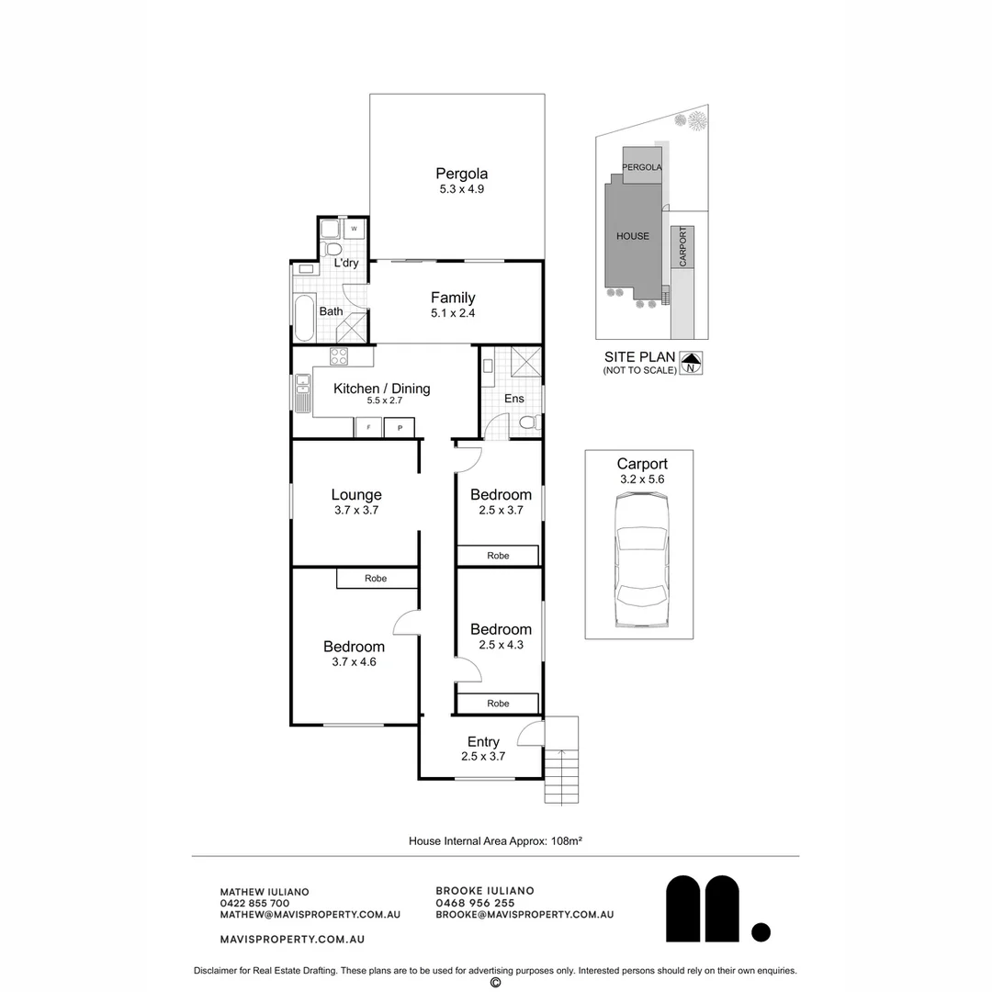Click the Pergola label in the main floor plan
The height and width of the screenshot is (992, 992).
pos(461,174)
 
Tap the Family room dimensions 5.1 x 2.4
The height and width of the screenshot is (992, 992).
pos(453,313)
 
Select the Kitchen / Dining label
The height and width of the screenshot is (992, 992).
pos(381,389)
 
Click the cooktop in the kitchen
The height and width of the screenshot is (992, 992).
pos(338,356)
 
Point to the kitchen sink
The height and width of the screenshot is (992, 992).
pos(302,393)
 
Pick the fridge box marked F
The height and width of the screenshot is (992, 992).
pos(368,428)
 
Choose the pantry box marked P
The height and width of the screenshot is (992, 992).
pos(400,428)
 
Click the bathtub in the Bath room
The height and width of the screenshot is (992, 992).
pos(305,318)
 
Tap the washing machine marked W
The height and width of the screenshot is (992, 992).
pos(354,229)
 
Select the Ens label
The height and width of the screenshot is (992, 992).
pos(513,399)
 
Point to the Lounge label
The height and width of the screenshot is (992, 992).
pos(356,495)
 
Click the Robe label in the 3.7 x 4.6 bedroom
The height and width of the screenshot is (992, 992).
pos(376,579)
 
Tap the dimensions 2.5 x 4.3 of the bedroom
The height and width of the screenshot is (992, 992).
pos(502,646)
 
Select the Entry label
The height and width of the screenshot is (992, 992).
pos(483,741)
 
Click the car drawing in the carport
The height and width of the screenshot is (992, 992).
pos(641,560)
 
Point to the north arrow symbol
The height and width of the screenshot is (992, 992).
pos(691,363)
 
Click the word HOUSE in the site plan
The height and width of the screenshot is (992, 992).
pos(633,236)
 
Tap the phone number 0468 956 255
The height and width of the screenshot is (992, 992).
pos(475,903)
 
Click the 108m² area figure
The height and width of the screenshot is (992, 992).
pos(566,840)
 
